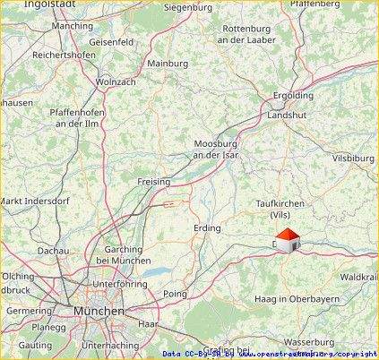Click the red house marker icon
pos(287,240)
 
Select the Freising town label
pos(153,182)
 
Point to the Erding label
pos(207,228)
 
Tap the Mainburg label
pos(168,64)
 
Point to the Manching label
pos(73,26)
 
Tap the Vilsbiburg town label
pos(352,158)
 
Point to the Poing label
pos(175,294)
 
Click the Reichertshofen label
pos(64,54)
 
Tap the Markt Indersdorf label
pos(35,200)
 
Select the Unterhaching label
pos(109,345)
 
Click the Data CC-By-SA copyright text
pos(269,354)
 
